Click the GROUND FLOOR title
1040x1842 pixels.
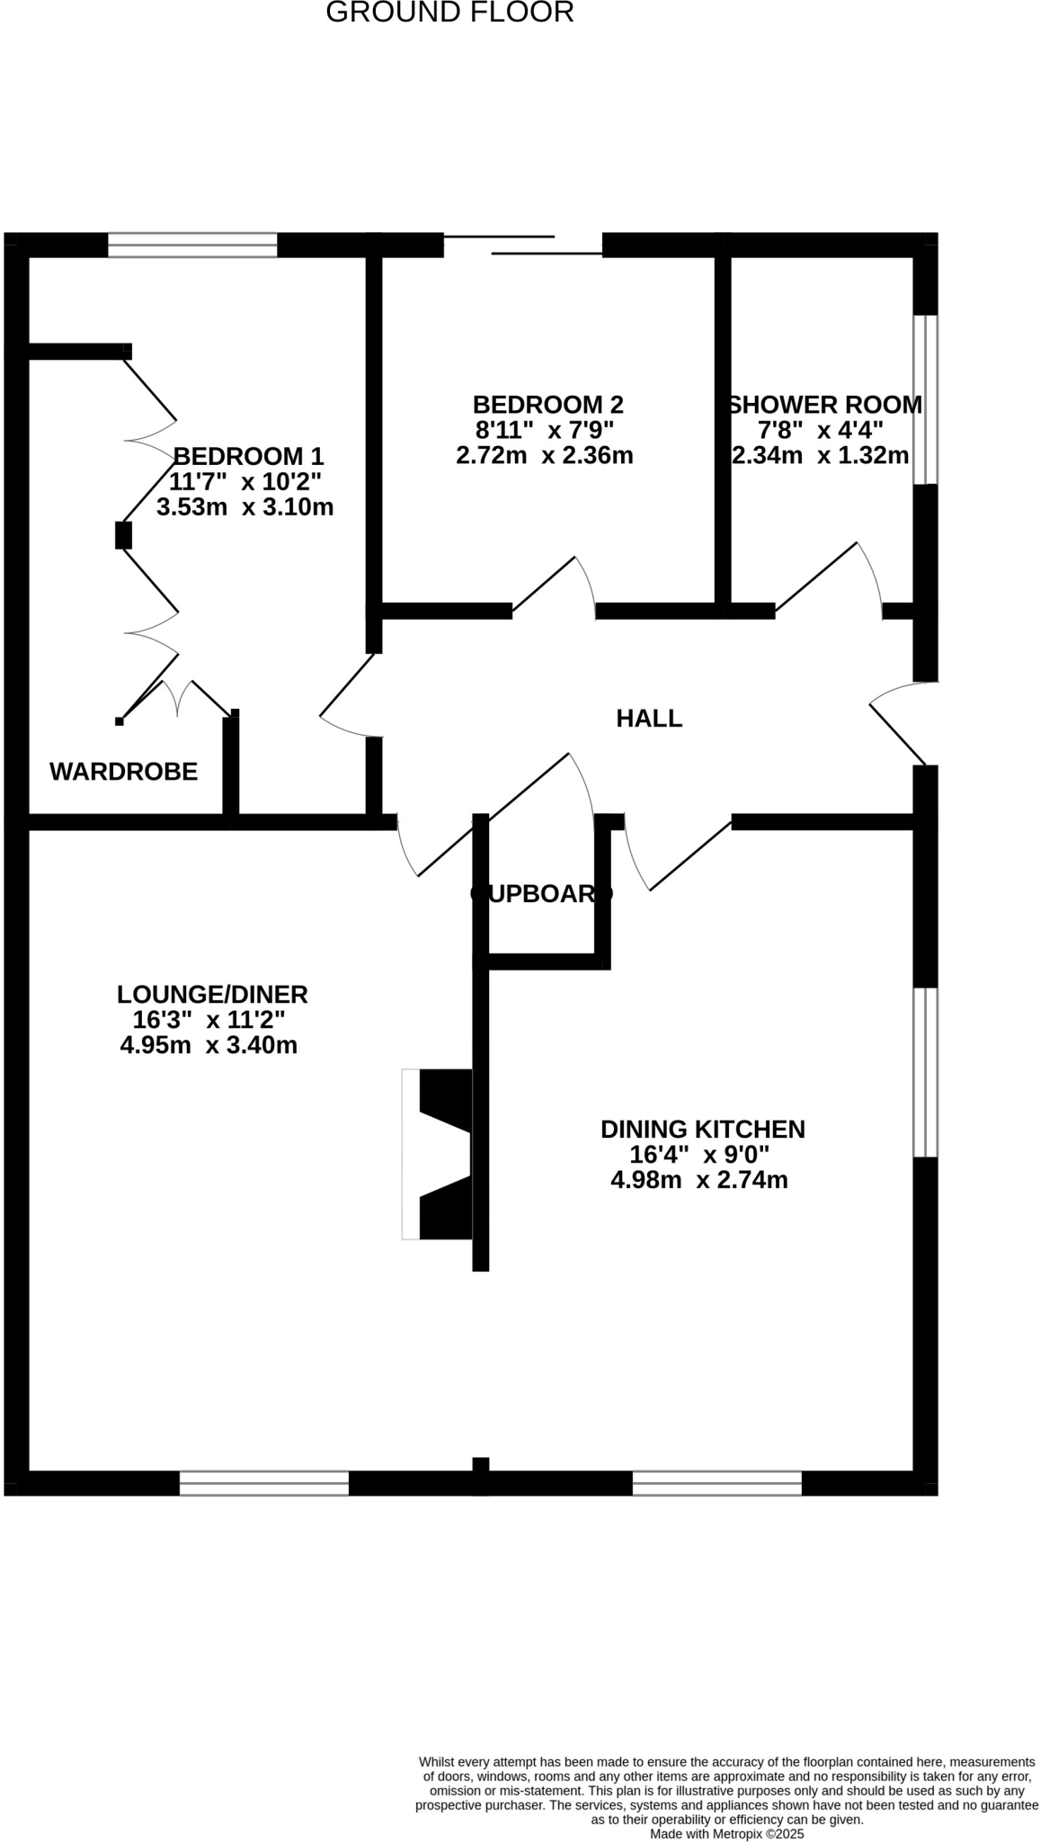(449, 13)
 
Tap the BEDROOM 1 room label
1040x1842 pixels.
(248, 456)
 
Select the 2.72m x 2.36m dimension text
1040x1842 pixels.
(545, 455)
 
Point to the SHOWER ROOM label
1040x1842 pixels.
(824, 405)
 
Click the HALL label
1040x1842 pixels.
(649, 719)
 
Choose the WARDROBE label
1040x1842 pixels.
(123, 772)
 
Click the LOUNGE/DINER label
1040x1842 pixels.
(212, 995)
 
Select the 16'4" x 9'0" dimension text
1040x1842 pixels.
(699, 1154)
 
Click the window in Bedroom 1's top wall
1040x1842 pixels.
(192, 245)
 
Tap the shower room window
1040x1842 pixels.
(925, 399)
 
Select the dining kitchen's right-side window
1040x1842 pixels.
(925, 1072)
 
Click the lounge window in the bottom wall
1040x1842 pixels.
(264, 1483)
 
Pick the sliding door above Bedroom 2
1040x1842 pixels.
(523, 246)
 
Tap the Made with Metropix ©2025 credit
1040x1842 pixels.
(726, 1834)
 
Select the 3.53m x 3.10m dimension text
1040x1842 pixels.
(244, 507)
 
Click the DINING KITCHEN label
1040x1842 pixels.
(702, 1129)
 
